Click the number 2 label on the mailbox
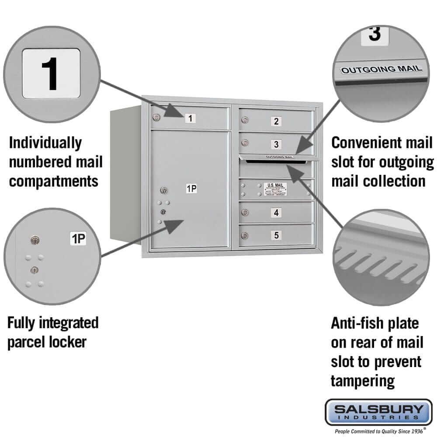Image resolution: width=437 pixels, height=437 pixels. point(276,121)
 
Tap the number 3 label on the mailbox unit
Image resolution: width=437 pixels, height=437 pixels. point(276,144)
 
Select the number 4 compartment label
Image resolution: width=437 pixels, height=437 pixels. point(276,213)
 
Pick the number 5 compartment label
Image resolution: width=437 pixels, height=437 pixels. point(276,236)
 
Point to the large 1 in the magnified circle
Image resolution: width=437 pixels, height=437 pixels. point(51,73)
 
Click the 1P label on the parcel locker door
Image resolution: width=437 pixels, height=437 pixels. point(191,189)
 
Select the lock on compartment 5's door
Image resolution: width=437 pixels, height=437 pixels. point(246,236)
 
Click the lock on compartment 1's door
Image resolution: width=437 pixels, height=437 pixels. point(156,117)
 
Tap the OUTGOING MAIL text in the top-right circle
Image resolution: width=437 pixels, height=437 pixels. point(382,69)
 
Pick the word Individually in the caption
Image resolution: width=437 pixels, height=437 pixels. point(45,142)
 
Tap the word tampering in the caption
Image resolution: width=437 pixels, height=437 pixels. point(363,381)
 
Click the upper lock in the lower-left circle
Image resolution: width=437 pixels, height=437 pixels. point(34,239)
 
